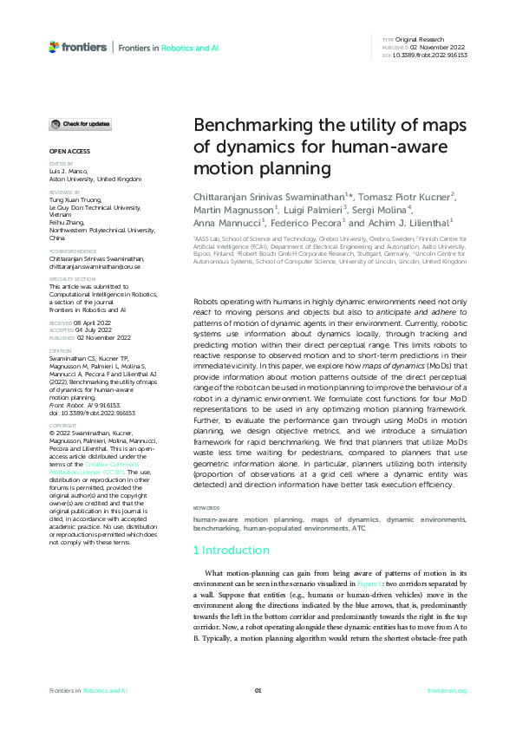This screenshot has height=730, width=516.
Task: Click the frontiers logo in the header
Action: (x=79, y=48)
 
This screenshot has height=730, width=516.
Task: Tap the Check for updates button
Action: (x=81, y=125)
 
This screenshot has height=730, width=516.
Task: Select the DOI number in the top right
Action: (x=431, y=55)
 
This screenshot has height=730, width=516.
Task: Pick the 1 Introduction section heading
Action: (x=231, y=550)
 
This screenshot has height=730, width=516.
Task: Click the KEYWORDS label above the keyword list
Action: (x=206, y=507)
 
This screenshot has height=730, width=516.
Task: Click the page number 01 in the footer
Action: (x=258, y=690)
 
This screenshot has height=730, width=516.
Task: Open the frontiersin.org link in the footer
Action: (x=447, y=690)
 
